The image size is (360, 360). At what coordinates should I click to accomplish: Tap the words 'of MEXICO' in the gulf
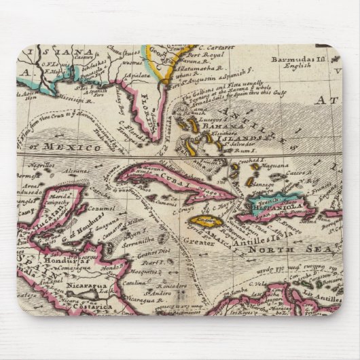tap(72, 146)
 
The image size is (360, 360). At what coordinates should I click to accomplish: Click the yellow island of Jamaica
tap(202, 221)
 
